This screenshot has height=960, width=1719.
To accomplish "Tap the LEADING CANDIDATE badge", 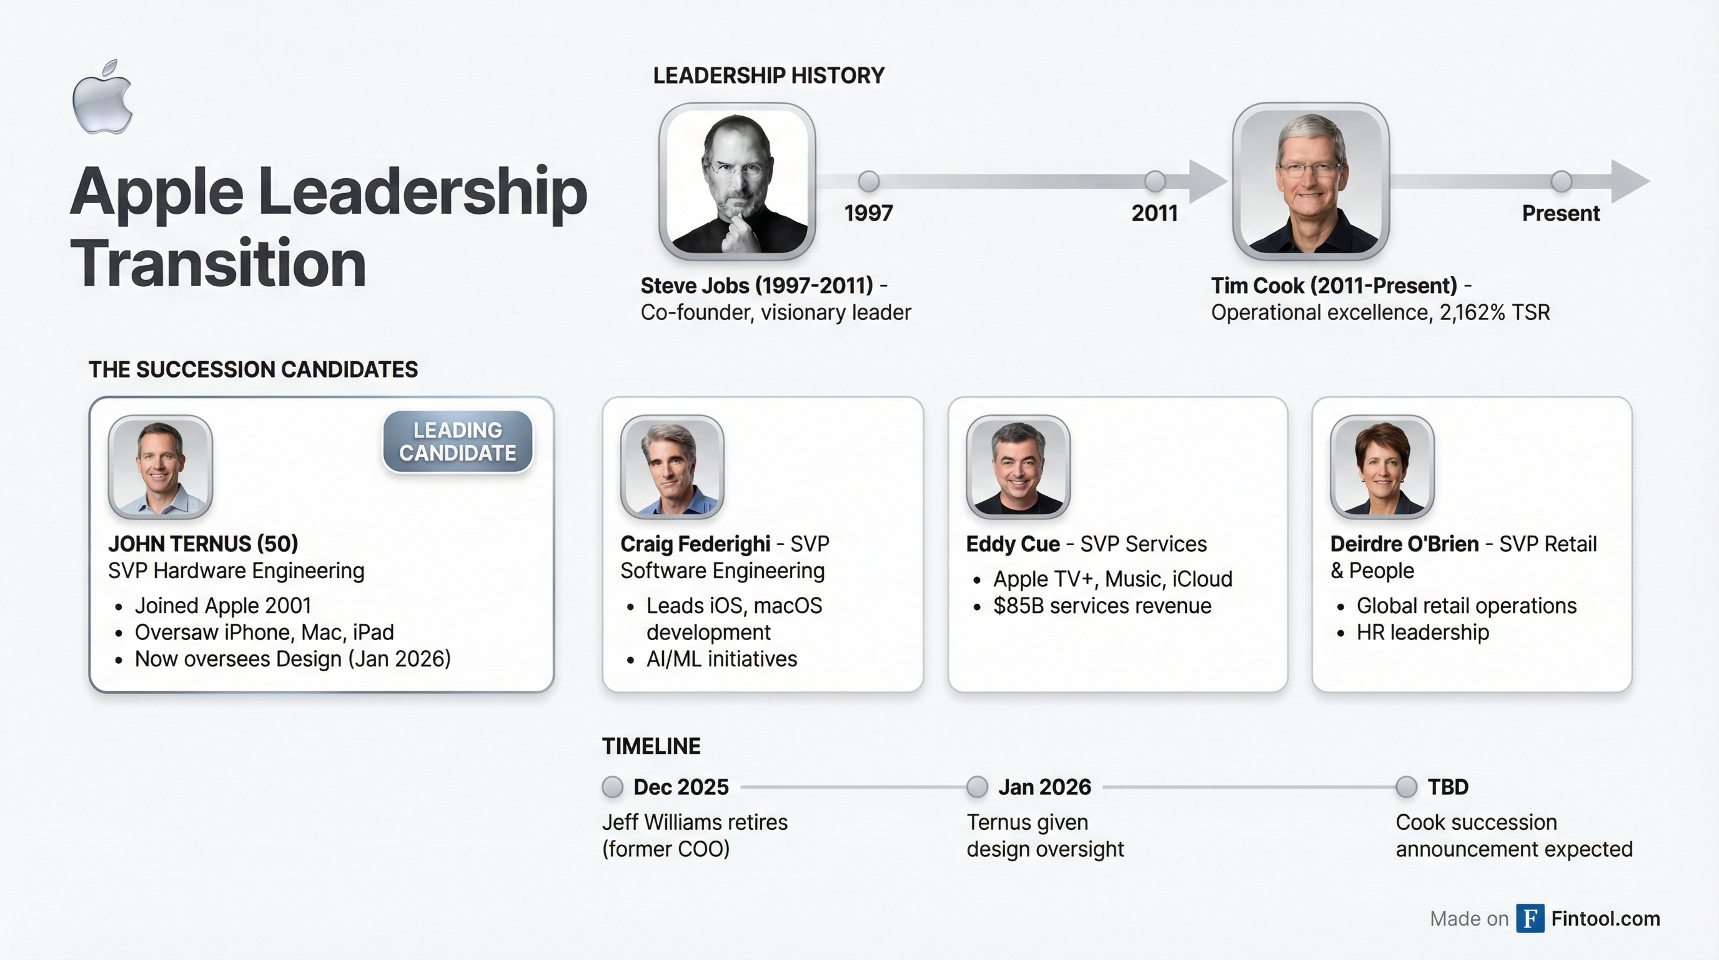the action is pyautogui.click(x=458, y=441).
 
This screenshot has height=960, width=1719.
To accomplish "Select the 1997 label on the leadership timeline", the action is pyautogui.click(x=868, y=214).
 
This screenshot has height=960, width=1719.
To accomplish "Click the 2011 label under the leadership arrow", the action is pyautogui.click(x=1154, y=214).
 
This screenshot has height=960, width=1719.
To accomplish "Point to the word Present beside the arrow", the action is pyautogui.click(x=1561, y=214).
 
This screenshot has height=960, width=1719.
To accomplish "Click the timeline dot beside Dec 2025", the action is pyautogui.click(x=612, y=787).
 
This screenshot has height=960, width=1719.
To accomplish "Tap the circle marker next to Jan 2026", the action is pyautogui.click(x=977, y=787).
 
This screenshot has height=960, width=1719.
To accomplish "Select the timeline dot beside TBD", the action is pyautogui.click(x=1406, y=787).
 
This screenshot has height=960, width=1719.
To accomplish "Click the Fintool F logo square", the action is pyautogui.click(x=1530, y=919).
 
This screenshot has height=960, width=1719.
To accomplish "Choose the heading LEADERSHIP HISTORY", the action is pyautogui.click(x=769, y=76).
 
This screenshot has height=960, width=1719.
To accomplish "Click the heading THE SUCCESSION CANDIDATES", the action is pyautogui.click(x=254, y=369).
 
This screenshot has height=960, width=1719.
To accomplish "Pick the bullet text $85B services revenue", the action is pyautogui.click(x=1102, y=606).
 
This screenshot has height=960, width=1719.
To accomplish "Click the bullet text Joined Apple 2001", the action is pyautogui.click(x=223, y=606).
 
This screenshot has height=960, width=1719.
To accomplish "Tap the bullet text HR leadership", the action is pyautogui.click(x=1423, y=632).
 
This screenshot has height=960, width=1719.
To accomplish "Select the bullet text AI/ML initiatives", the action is pyautogui.click(x=721, y=659).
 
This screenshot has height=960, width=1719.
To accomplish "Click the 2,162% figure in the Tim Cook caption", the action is pyautogui.click(x=1472, y=312).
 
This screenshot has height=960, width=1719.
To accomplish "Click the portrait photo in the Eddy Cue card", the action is pyautogui.click(x=1018, y=467).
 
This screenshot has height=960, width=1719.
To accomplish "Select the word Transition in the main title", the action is pyautogui.click(x=218, y=263).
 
